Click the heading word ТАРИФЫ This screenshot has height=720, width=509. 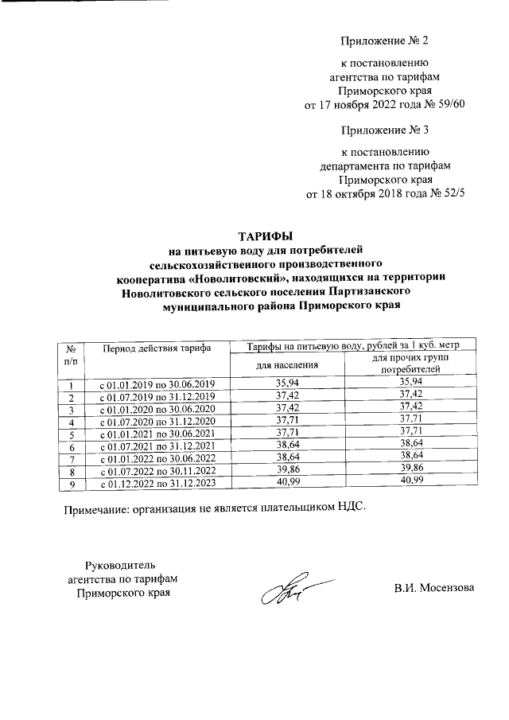266,236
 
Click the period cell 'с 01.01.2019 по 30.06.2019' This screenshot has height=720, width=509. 157,385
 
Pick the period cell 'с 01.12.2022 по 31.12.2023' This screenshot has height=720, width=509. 157,483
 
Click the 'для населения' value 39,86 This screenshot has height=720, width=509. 285,471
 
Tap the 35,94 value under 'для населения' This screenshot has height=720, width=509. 285,385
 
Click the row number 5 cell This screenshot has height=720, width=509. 72,434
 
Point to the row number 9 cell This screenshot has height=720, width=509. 72,483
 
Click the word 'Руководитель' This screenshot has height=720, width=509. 122,565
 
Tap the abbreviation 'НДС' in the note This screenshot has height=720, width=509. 352,506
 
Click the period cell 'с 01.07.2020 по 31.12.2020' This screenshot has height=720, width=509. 157,422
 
